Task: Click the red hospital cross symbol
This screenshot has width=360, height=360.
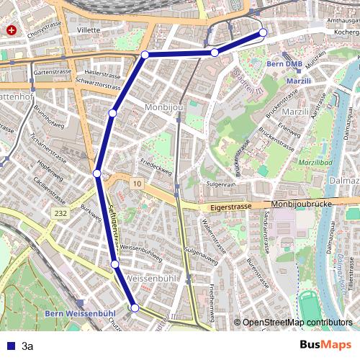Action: point(12,31)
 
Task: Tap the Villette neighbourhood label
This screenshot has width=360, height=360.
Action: point(89,30)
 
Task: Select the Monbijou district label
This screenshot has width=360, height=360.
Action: point(165,107)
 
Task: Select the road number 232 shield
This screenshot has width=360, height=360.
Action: point(60,214)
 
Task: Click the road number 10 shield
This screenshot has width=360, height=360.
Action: point(136,185)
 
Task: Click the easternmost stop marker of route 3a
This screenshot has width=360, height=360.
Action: point(263,32)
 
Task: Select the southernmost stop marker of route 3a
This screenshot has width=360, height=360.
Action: point(135,307)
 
